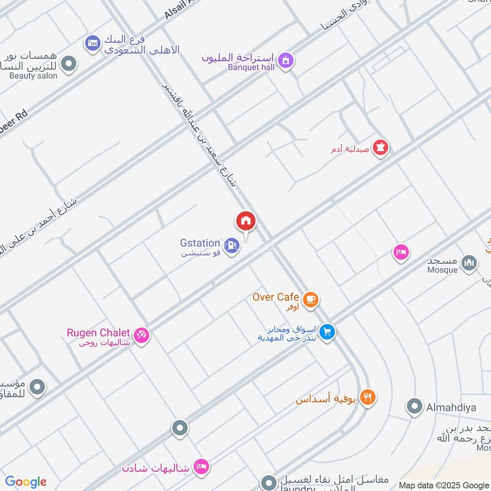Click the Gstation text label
200,243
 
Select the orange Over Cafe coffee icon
311,299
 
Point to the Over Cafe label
276,297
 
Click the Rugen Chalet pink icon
142,335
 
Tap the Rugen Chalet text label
98,333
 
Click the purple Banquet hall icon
285,60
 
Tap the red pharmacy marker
381,148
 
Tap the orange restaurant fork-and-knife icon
368,396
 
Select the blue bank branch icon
93,43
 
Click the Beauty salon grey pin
69,63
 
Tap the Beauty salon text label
33,76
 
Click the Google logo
26,482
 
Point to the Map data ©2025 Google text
444,485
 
